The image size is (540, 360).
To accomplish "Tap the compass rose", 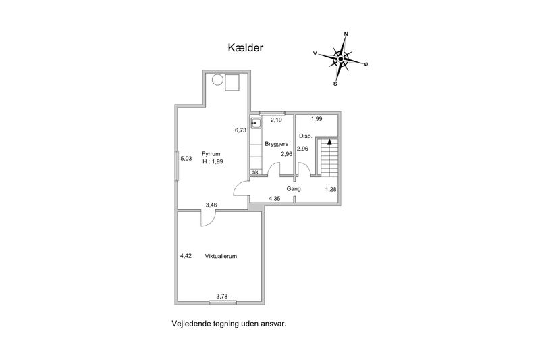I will click(x=342, y=59).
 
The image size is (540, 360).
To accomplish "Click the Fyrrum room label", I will click(x=212, y=154).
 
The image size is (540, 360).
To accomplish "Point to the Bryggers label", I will click(x=277, y=145).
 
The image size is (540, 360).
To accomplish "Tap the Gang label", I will click(x=293, y=189).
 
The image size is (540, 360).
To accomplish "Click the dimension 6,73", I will click(x=240, y=130).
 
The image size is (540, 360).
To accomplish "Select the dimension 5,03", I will click(x=186, y=159).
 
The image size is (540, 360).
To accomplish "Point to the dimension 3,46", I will click(x=211, y=204).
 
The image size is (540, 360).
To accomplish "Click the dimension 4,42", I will click(x=186, y=256).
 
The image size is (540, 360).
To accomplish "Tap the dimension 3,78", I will click(x=221, y=295).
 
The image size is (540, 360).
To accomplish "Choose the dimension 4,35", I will click(x=275, y=198).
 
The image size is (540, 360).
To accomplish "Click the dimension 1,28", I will click(x=331, y=189).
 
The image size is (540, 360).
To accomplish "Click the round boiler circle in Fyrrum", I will click(x=217, y=81).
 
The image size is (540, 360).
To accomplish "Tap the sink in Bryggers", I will click(x=256, y=124).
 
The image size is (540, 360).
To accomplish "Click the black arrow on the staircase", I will click(x=329, y=143).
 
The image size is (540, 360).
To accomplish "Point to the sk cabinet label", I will click(x=255, y=172).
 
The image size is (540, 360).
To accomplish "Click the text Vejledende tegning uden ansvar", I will click(x=230, y=324).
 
